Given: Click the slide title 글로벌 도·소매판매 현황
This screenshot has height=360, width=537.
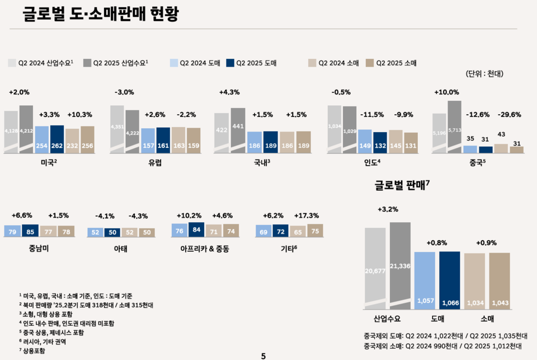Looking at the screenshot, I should tap(101, 14).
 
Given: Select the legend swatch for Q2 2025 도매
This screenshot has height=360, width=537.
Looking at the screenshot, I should tap(230, 63).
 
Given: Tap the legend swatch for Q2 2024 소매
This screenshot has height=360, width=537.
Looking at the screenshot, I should tap(312, 63).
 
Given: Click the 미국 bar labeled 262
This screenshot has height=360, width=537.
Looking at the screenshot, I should tap(57, 139).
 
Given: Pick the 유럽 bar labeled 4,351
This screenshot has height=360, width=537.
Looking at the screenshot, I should tap(117, 129).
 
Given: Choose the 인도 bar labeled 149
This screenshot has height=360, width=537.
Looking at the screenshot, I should tap(365, 142).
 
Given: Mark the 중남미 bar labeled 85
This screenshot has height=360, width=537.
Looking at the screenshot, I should tap(30, 231).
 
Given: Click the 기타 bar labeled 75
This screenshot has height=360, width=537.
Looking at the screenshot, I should tap(315, 231).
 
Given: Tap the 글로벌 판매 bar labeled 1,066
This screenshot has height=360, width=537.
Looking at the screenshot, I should tap(450, 280).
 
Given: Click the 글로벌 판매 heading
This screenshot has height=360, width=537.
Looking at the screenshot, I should tap(401, 186).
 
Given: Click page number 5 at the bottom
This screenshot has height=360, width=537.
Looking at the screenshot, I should tap(263, 355).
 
